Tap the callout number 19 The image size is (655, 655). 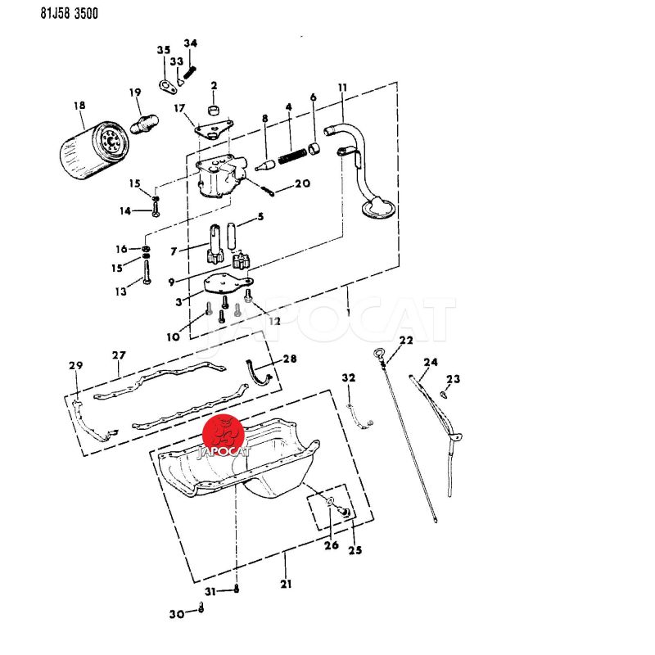pos(135,93)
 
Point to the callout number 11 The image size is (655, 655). pos(342,88)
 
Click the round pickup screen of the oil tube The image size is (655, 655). pos(379,208)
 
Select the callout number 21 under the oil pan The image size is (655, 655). pos(286,584)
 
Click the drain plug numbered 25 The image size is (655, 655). pos(345,513)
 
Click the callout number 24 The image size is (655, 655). pos(431,362)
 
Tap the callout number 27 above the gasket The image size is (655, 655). pos(120,355)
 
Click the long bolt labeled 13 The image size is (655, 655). pos(146,269)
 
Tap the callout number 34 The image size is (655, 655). pos(191,43)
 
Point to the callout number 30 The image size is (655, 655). pos(177,614)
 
